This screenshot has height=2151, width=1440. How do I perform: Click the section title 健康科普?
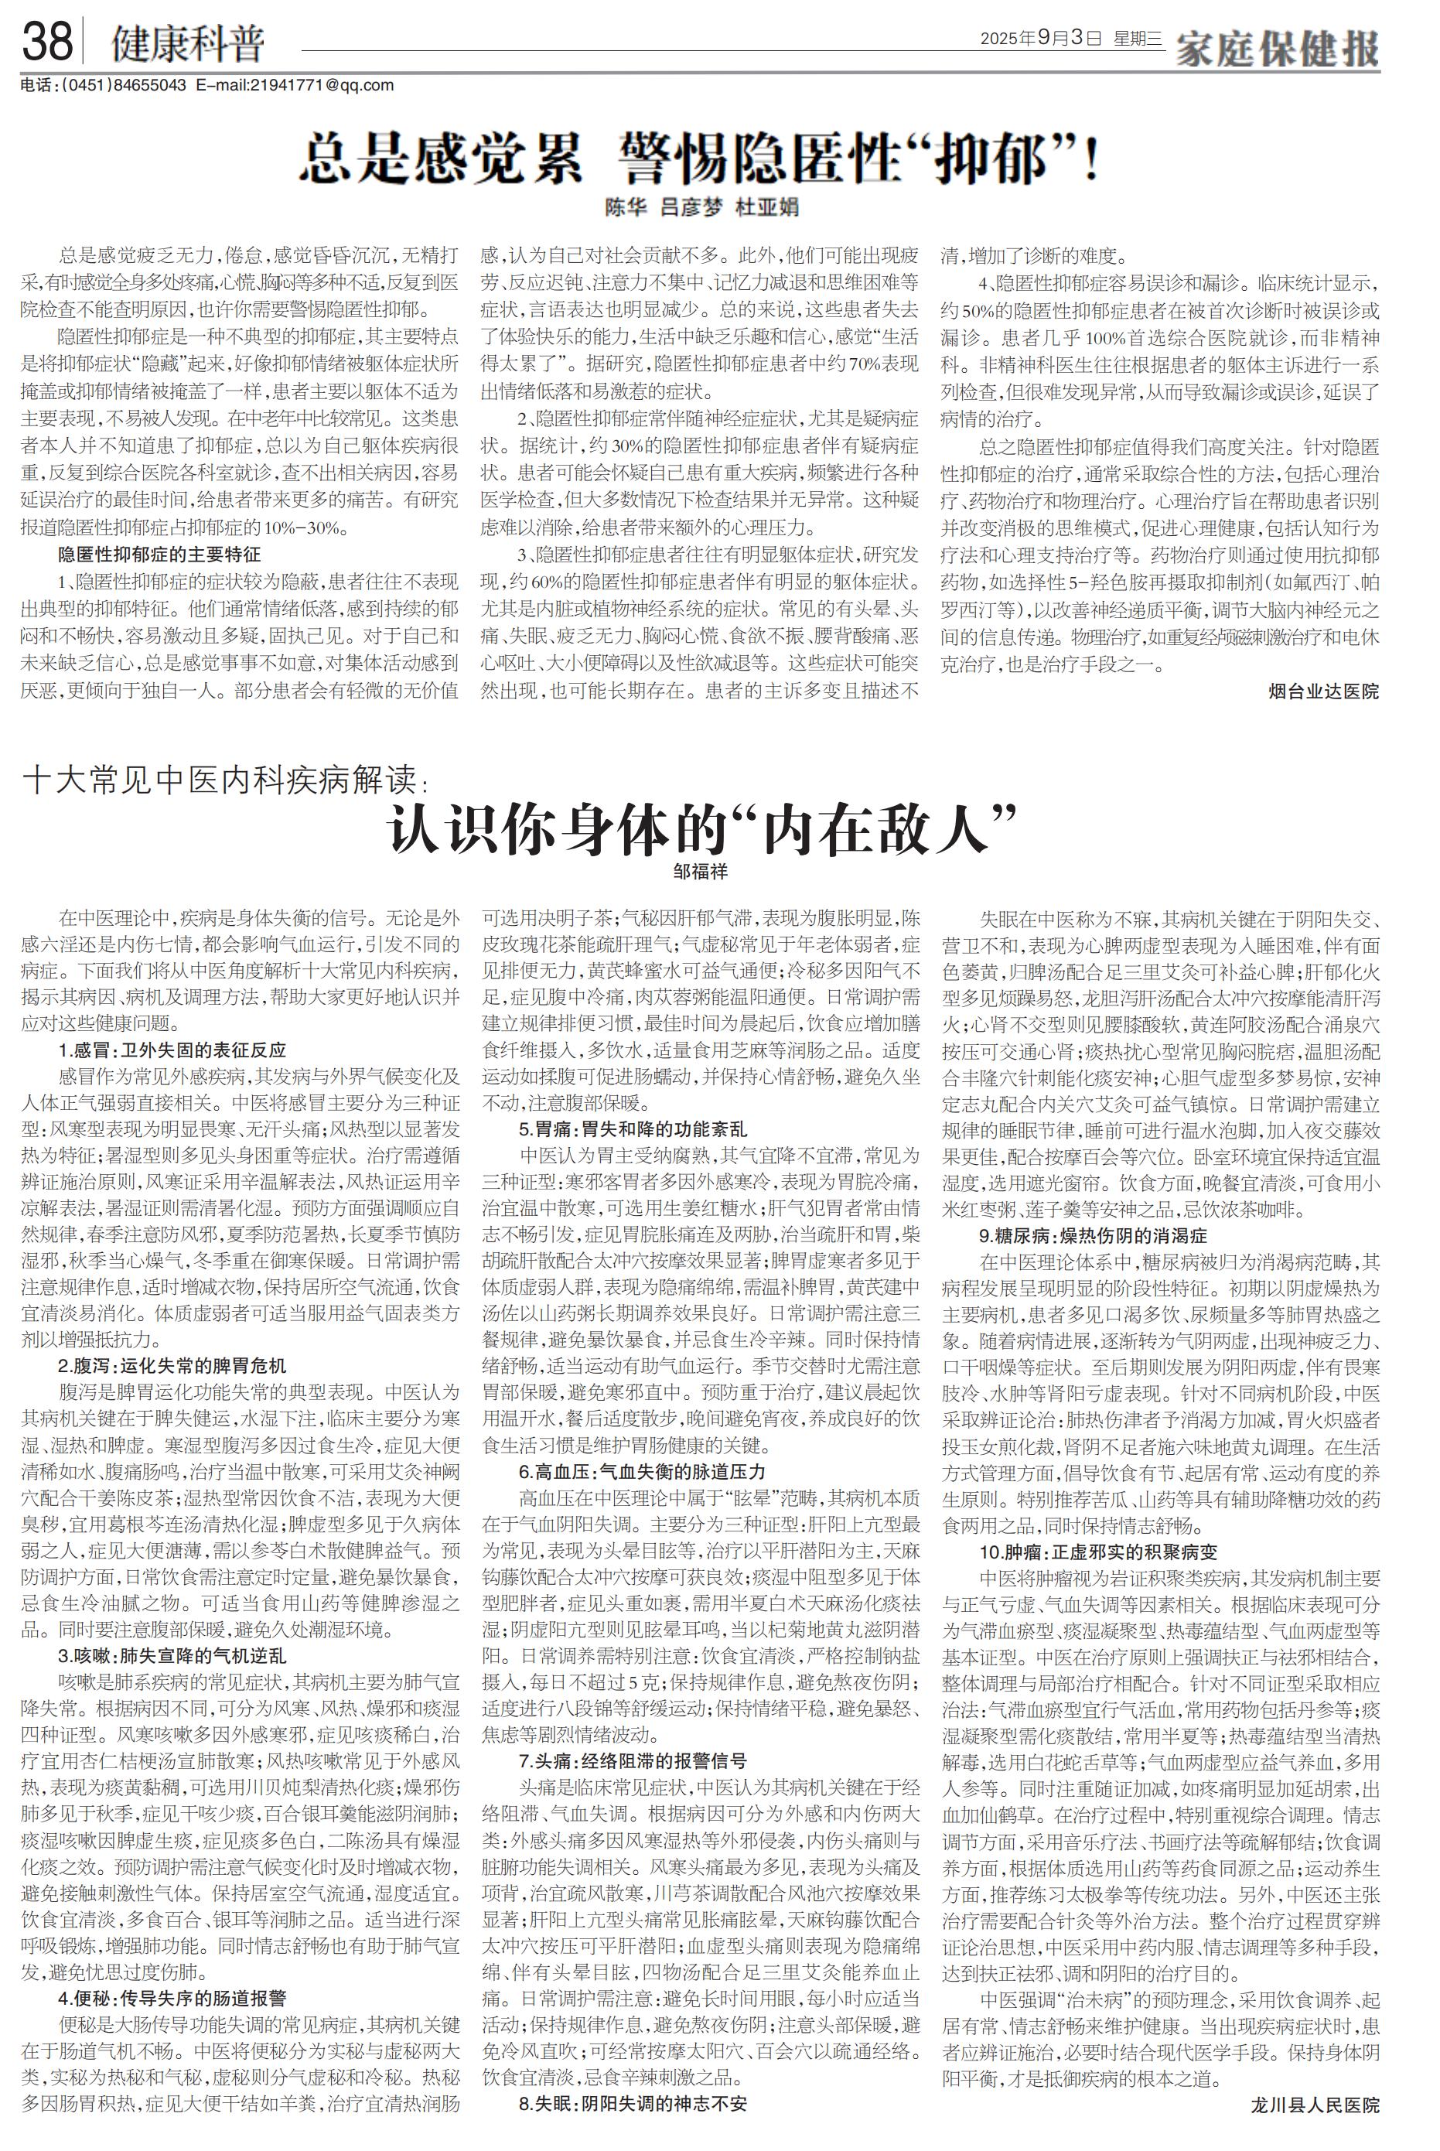(x=187, y=43)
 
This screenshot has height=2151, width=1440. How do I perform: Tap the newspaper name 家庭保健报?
(x=1278, y=48)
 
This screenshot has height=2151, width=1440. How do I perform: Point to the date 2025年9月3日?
(x=1039, y=39)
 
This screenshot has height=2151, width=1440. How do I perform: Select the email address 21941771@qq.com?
(x=322, y=85)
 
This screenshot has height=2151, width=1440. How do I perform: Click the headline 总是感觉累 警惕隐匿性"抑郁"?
(x=700, y=157)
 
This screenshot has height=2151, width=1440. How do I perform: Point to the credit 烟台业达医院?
(x=1322, y=691)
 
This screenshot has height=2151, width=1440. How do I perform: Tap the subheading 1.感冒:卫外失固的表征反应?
(x=172, y=1050)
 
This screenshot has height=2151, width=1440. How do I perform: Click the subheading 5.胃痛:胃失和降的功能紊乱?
(x=633, y=1130)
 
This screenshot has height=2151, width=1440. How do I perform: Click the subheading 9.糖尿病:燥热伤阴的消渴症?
(x=1093, y=1235)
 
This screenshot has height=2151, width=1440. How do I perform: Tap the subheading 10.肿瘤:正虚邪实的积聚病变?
(x=1098, y=1553)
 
